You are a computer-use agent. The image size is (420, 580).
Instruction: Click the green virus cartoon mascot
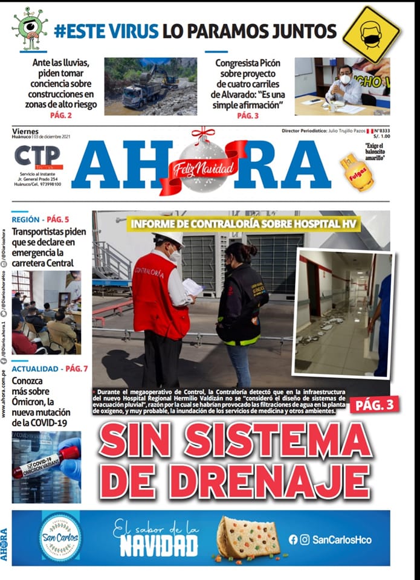coord(28,27)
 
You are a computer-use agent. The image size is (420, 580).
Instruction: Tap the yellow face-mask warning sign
coord(371,34)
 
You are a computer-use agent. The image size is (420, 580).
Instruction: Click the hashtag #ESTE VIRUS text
coord(106,31)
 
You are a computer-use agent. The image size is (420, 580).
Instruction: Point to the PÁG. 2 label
coord(60,115)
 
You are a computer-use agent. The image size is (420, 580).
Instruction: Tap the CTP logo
coord(37,156)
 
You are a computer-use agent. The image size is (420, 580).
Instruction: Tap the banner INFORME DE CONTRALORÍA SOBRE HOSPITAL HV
coord(244,224)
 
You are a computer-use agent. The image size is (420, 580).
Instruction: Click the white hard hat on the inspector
coord(169,237)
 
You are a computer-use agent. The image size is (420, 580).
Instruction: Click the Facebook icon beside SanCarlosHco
coord(293,540)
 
